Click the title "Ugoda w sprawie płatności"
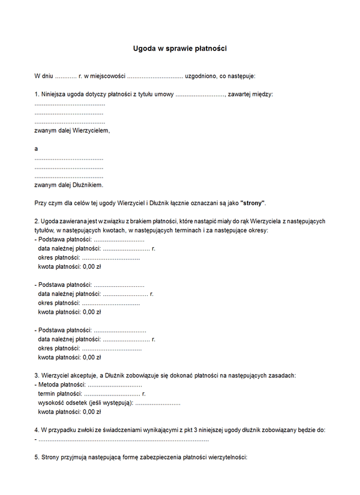179,48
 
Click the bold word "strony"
253,203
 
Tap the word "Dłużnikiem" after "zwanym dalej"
88,185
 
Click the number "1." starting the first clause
37,94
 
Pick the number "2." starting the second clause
37,221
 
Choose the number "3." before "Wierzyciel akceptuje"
37,375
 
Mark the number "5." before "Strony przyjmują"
37,457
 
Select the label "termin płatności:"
59,394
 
